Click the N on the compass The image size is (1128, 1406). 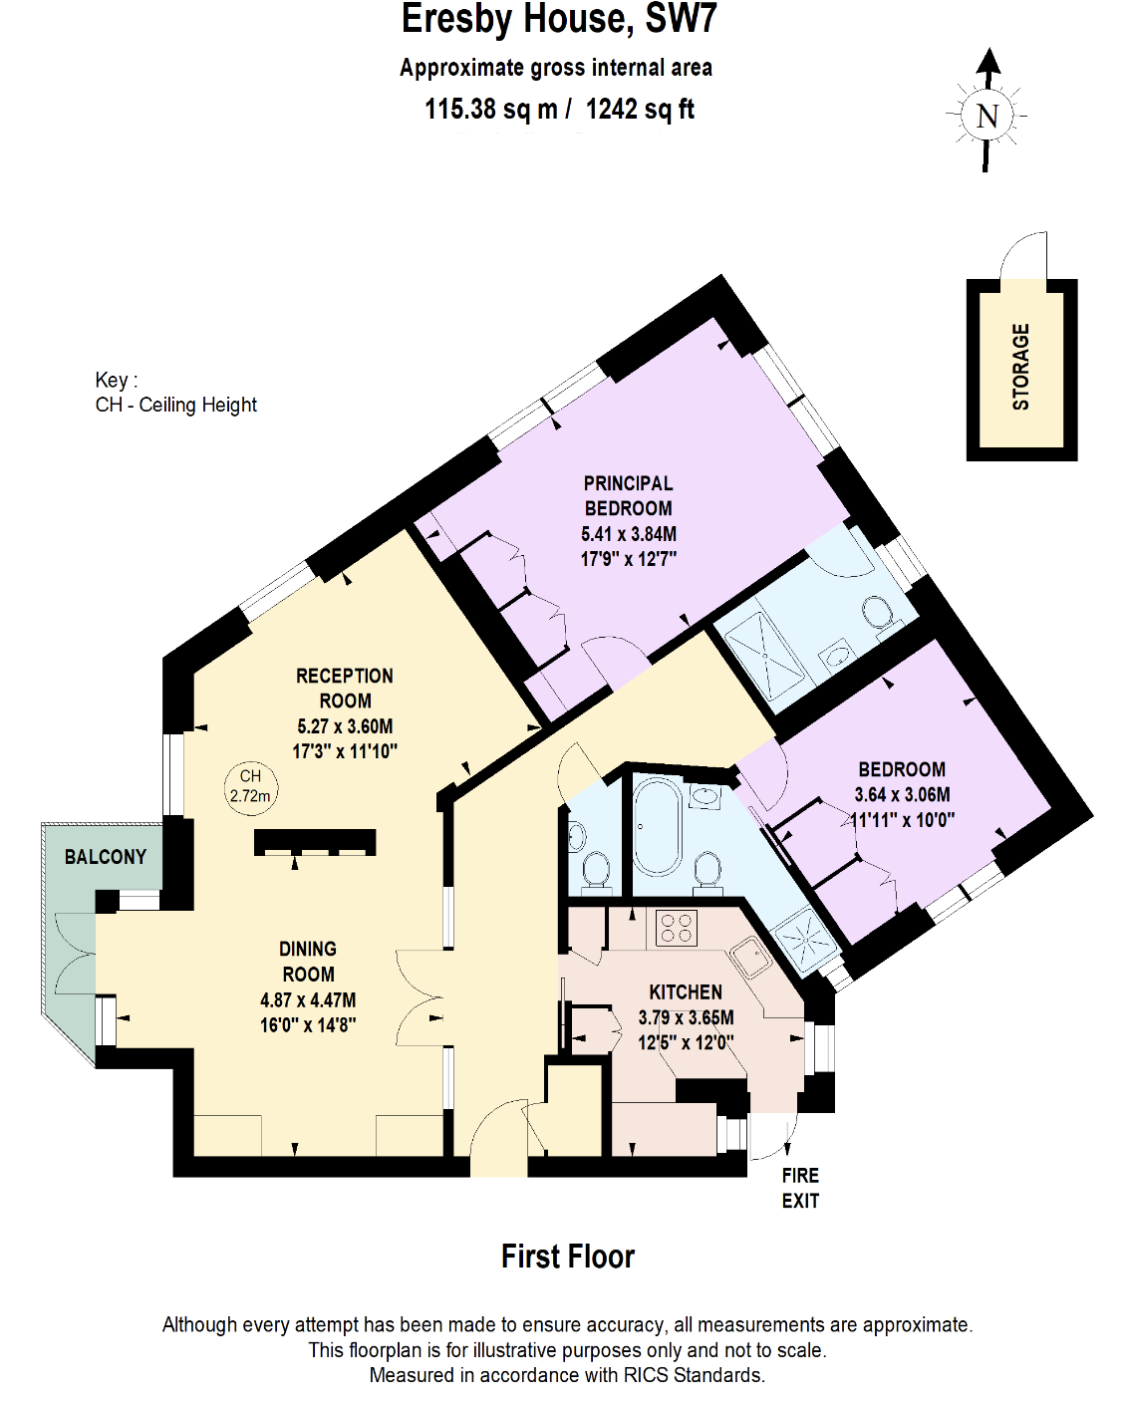[987, 117]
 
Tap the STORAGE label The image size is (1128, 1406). [1020, 367]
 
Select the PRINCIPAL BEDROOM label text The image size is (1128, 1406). [628, 495]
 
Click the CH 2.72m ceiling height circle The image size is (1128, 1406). [250, 786]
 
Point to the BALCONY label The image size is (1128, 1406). [105, 857]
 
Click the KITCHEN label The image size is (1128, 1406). [686, 992]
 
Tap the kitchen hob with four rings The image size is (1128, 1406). [677, 928]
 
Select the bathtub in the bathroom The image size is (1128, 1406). [657, 826]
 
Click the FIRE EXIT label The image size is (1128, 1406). [800, 1188]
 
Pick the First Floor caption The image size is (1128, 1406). [567, 1257]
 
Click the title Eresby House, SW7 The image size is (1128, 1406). [558, 20]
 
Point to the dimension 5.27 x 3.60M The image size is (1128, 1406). [345, 726]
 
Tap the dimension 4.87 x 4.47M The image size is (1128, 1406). [308, 999]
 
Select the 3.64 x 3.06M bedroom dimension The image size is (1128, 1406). [902, 794]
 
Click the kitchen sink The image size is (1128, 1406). [749, 959]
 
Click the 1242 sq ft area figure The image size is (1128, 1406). [640, 110]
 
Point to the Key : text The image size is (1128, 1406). [116, 380]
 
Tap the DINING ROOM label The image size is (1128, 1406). [308, 962]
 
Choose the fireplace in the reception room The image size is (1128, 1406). [315, 843]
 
